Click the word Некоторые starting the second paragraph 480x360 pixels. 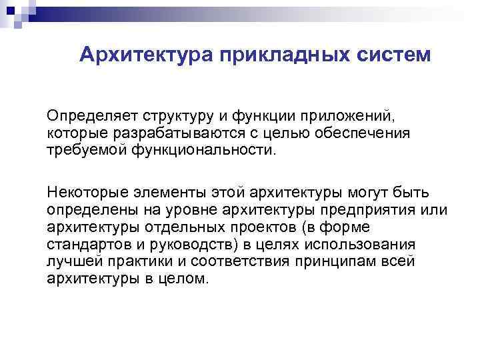pyautogui.click(x=82, y=193)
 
